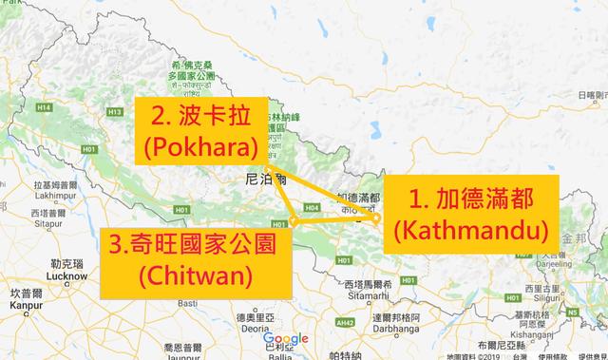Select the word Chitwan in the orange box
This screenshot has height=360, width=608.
pyautogui.click(x=196, y=275)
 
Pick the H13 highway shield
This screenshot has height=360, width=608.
pyautogui.click(x=117, y=112)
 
